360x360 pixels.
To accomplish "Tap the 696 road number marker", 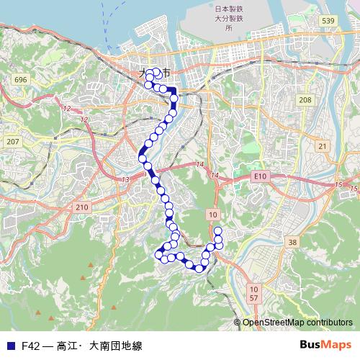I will coord(20,79).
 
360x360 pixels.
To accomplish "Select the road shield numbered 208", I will coord(305,100).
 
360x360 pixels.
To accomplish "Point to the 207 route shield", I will coord(12,142).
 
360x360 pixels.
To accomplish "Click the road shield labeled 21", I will coord(322,146).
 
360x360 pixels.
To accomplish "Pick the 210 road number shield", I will coord(81,207).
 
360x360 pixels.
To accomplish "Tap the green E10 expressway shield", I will coord(260,176).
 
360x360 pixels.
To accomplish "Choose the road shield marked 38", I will coord(292,243).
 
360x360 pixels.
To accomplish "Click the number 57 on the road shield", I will coord(253,297).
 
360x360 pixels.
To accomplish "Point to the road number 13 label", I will coord(127,179).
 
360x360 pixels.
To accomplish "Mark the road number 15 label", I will coord(339,186).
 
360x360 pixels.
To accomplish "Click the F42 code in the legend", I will coord(30,346).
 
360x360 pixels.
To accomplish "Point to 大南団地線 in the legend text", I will coord(116,346).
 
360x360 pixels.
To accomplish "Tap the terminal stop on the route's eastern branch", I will coord(218,230).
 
